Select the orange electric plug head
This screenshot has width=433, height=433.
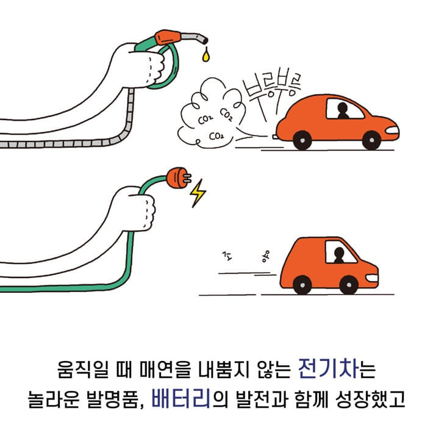pyautogui.click(x=177, y=178)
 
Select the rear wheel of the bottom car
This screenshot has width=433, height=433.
pyautogui.click(x=301, y=284)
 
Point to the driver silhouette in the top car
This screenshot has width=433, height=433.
pyautogui.click(x=343, y=112)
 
